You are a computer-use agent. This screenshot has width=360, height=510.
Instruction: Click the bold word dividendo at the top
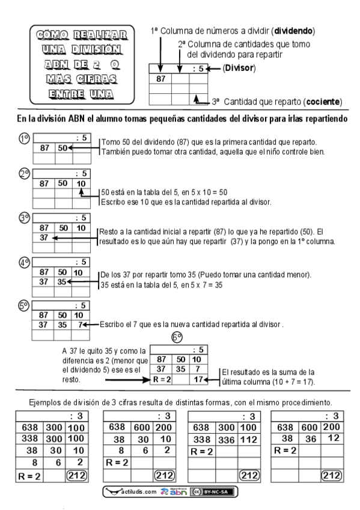[x=293, y=31]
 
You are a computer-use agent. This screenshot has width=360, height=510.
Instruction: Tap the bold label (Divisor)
[x=239, y=68]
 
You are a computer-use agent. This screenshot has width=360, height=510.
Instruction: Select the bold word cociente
[x=322, y=102]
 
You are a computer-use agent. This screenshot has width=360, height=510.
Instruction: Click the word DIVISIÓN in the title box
[x=96, y=49]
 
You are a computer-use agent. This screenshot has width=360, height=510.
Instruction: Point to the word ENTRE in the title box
[x=67, y=94]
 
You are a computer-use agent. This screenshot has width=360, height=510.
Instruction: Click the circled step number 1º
[x=25, y=138]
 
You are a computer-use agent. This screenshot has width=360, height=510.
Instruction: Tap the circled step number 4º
[x=25, y=262]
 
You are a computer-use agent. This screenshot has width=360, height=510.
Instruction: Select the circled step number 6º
[x=177, y=337]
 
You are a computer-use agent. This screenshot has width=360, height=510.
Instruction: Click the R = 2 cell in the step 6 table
[x=162, y=379]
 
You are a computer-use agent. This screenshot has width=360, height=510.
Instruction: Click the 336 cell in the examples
[x=227, y=440]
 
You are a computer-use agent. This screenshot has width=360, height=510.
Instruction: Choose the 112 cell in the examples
[x=249, y=440]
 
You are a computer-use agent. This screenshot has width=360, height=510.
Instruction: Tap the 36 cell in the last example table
[x=311, y=439]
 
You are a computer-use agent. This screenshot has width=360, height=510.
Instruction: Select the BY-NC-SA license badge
[x=212, y=492]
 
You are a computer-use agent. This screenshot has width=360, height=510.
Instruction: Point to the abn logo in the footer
[x=174, y=492]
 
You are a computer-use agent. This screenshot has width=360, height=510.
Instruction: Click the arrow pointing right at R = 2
[x=127, y=380]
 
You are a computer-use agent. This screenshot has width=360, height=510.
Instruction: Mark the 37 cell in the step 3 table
[x=44, y=238]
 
